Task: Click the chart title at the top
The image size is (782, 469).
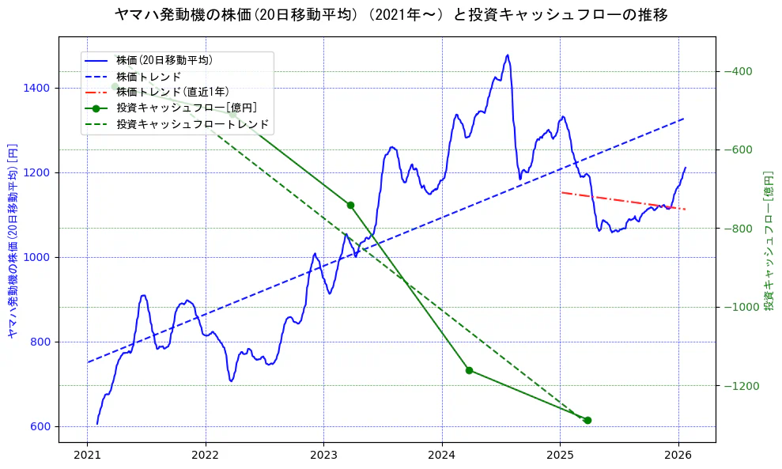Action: pos(391,15)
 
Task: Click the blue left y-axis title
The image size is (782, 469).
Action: pos(13,240)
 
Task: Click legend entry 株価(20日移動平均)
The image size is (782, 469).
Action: pos(164,59)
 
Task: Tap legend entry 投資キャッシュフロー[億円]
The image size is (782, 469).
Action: pos(186,108)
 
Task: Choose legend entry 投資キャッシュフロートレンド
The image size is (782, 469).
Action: pos(193,124)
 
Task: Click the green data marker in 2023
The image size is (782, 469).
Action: pos(350,205)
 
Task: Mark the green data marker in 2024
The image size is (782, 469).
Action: pos(469,370)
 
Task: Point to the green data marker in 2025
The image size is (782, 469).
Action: pos(587,420)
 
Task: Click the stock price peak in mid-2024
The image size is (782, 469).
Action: pos(507,55)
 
